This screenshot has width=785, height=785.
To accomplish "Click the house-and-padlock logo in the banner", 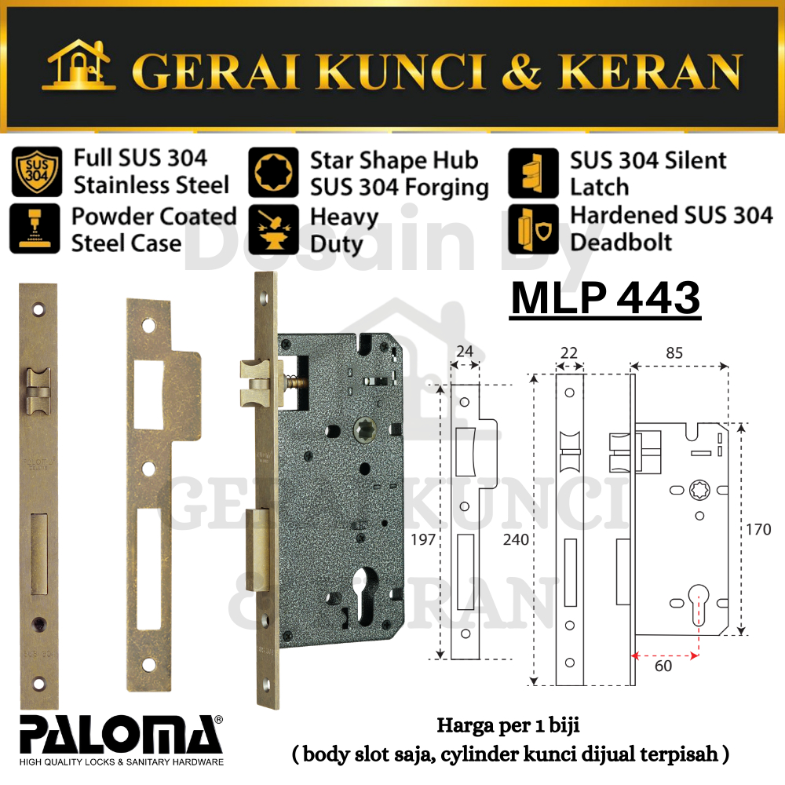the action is (x=79, y=65).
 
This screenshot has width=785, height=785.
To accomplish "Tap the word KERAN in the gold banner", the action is (x=649, y=72).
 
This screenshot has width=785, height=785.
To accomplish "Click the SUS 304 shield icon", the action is (x=37, y=171).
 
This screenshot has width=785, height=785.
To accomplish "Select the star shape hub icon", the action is (x=273, y=172).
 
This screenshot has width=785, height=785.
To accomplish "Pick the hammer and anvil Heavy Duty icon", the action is (x=273, y=229).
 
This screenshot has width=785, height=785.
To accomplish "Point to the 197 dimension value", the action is (x=423, y=539).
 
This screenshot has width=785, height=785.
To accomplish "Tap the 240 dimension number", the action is (x=516, y=539).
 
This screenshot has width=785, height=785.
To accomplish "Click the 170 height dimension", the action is (x=758, y=529).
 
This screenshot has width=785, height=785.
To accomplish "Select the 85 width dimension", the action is (x=674, y=353).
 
